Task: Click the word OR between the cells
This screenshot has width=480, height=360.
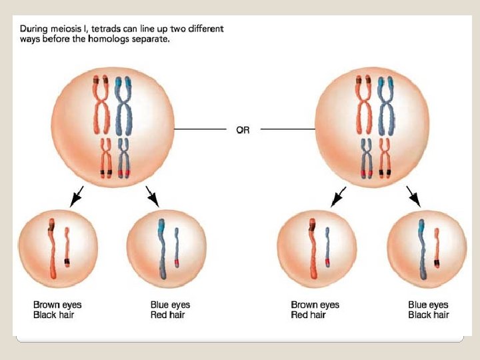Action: pos(243,130)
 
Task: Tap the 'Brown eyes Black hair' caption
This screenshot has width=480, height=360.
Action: pos(57,310)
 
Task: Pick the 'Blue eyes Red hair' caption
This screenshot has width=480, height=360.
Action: pos(170,310)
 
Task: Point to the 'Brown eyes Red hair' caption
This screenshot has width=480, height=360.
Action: pos(315,310)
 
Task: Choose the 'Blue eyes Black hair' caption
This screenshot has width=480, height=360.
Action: pos(428,310)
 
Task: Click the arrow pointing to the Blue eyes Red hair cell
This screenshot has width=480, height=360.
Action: pos(153,197)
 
